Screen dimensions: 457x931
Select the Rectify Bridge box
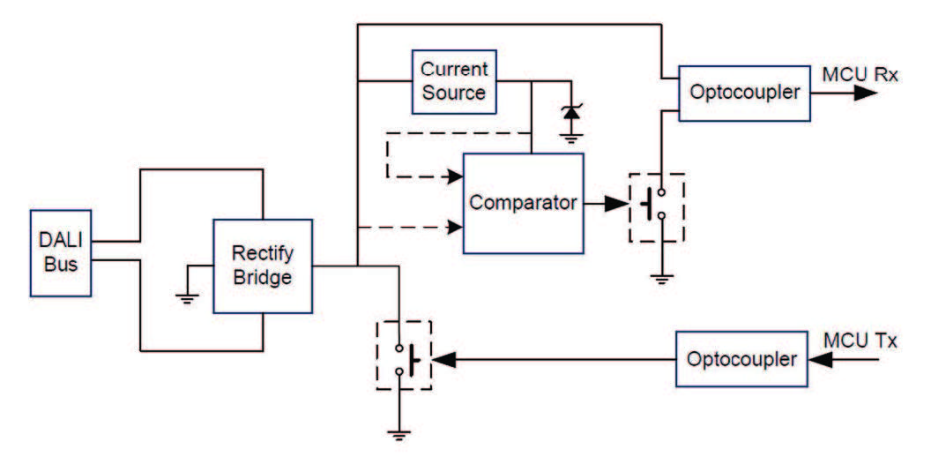tap(263, 266)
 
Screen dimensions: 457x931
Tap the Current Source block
tap(453, 81)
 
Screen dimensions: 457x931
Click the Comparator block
tap(523, 202)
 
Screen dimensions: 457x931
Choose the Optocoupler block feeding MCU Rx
tap(744, 92)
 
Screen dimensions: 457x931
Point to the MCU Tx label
tap(860, 341)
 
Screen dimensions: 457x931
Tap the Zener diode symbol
tap(571, 112)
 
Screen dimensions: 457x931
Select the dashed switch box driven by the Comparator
tap(656, 207)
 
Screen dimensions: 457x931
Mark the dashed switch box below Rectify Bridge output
tap(404, 355)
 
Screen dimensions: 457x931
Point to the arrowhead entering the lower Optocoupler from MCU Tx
tap(819, 360)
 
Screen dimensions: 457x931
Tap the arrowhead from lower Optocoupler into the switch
tap(445, 359)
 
